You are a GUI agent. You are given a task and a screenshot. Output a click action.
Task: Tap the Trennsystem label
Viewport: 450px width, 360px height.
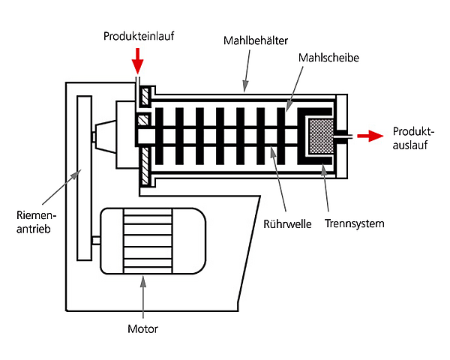[355, 223]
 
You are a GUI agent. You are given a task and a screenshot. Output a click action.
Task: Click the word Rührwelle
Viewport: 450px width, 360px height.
[291, 223]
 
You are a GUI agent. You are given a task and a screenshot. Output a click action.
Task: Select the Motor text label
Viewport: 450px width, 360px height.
[142, 328]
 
